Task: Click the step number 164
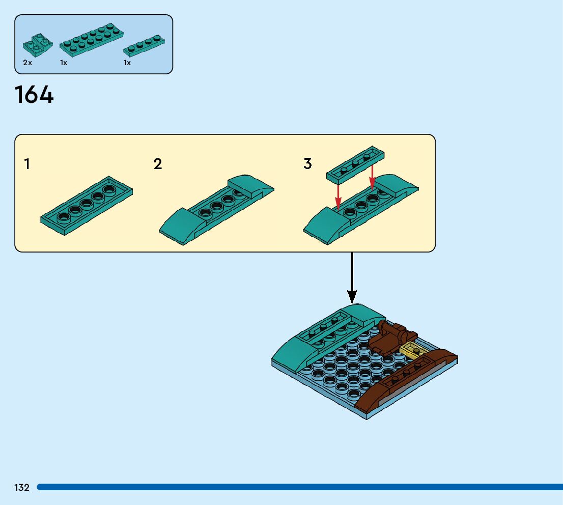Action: point(34,95)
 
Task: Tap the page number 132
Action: point(22,488)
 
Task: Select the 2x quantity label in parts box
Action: point(27,63)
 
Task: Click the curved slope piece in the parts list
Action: point(38,45)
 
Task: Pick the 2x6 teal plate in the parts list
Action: point(91,40)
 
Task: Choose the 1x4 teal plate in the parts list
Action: point(145,46)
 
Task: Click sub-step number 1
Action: point(27,164)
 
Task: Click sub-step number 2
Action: point(158,164)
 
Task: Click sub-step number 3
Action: point(307,164)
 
